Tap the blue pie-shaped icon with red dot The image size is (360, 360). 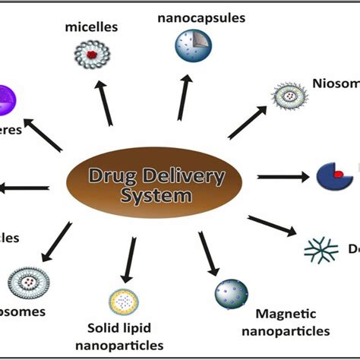333,175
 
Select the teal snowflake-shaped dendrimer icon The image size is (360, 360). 320,250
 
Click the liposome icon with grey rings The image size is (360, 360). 28,281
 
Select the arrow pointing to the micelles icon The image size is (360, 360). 106,103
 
